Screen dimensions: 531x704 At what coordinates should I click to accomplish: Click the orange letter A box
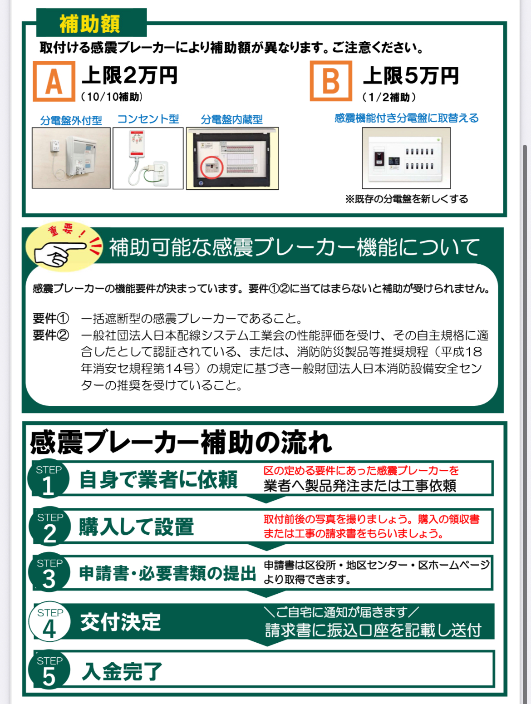click(54, 81)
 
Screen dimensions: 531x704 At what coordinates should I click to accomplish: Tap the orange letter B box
click(331, 81)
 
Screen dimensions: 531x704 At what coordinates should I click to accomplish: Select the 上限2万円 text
click(129, 76)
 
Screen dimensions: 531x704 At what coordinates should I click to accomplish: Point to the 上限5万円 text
click(411, 76)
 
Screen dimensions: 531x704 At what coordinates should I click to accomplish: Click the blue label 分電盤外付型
click(71, 120)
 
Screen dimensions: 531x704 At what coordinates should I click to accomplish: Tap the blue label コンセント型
click(148, 119)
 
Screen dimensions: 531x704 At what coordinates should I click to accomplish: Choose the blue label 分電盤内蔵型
click(232, 120)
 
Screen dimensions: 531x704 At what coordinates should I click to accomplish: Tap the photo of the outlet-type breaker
click(148, 158)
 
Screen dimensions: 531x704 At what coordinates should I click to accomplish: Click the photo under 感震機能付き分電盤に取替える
click(406, 158)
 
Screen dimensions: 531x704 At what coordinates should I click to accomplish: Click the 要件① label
click(51, 319)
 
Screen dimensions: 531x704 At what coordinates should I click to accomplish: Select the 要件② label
click(51, 335)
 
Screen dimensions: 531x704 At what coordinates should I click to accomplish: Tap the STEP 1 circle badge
click(49, 479)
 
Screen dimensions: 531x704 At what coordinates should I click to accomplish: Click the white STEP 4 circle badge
click(49, 621)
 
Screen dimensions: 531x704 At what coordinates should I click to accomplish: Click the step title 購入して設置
click(136, 527)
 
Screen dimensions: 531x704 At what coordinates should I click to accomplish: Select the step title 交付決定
click(121, 622)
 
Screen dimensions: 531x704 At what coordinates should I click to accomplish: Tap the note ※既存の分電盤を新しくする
click(407, 199)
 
